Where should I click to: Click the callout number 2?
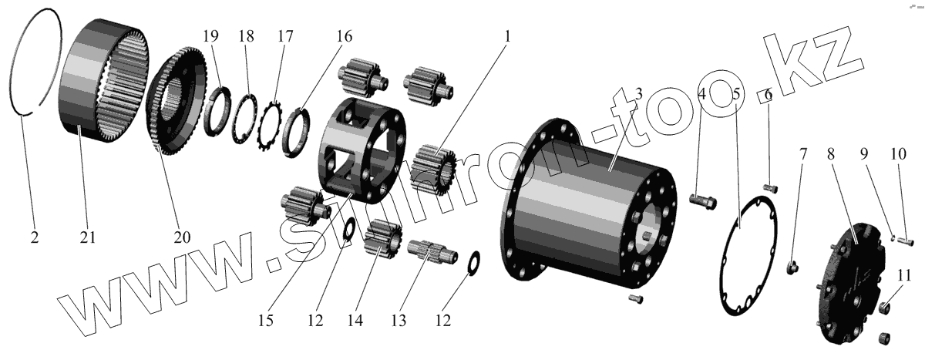[x=34, y=237]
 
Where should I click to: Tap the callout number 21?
[x=87, y=237]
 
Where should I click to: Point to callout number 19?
[x=211, y=36]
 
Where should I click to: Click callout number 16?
[x=344, y=36]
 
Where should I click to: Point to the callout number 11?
[x=905, y=274]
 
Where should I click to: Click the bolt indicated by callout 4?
[x=701, y=201]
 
